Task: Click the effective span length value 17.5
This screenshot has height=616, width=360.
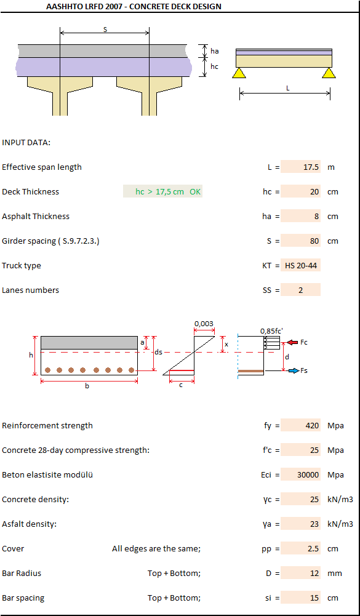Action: pos(311,167)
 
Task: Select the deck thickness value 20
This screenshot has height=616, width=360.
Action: pos(315,192)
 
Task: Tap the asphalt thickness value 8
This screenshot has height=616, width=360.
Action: pos(317,217)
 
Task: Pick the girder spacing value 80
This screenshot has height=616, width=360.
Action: pos(315,241)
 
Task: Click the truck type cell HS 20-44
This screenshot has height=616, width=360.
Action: pos(301,266)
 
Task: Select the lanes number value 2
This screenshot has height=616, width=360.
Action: pos(301,290)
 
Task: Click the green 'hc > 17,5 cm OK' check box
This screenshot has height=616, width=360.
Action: pos(162,192)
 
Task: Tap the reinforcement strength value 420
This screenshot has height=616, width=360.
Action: pos(313,425)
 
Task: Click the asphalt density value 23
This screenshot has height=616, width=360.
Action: pos(315,524)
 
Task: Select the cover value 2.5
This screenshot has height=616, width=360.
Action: pos(314,549)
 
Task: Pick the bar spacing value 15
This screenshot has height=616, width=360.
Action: pos(315,598)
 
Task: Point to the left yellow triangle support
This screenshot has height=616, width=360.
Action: pos(239,73)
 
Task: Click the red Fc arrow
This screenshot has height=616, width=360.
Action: pos(292,343)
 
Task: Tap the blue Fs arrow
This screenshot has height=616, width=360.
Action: pos(294,370)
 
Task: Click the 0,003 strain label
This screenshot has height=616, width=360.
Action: pos(204,324)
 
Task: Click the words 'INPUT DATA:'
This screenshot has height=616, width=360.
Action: pos(26,142)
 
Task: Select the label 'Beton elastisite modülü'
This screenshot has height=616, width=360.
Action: pos(47,474)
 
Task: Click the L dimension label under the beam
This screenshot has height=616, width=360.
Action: pos(287,89)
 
